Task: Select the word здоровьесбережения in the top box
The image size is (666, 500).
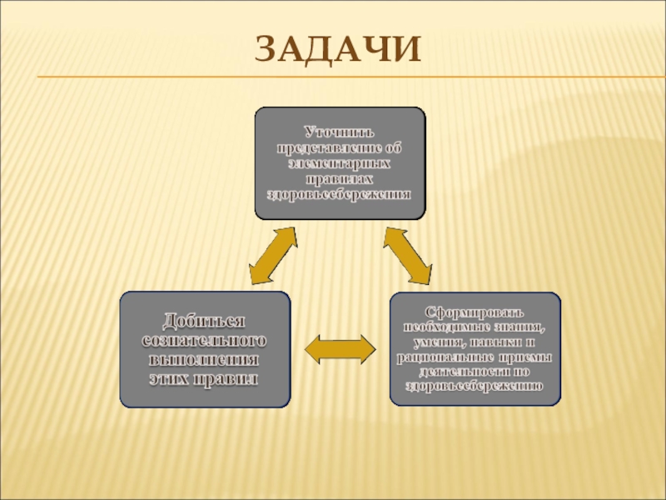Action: tap(340, 194)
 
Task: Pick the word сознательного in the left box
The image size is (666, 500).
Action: tap(205, 342)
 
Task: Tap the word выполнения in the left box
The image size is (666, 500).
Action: tap(205, 360)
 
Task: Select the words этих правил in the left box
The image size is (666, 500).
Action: tap(205, 379)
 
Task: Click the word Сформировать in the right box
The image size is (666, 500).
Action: tap(475, 312)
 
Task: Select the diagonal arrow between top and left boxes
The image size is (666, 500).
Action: tap(273, 257)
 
